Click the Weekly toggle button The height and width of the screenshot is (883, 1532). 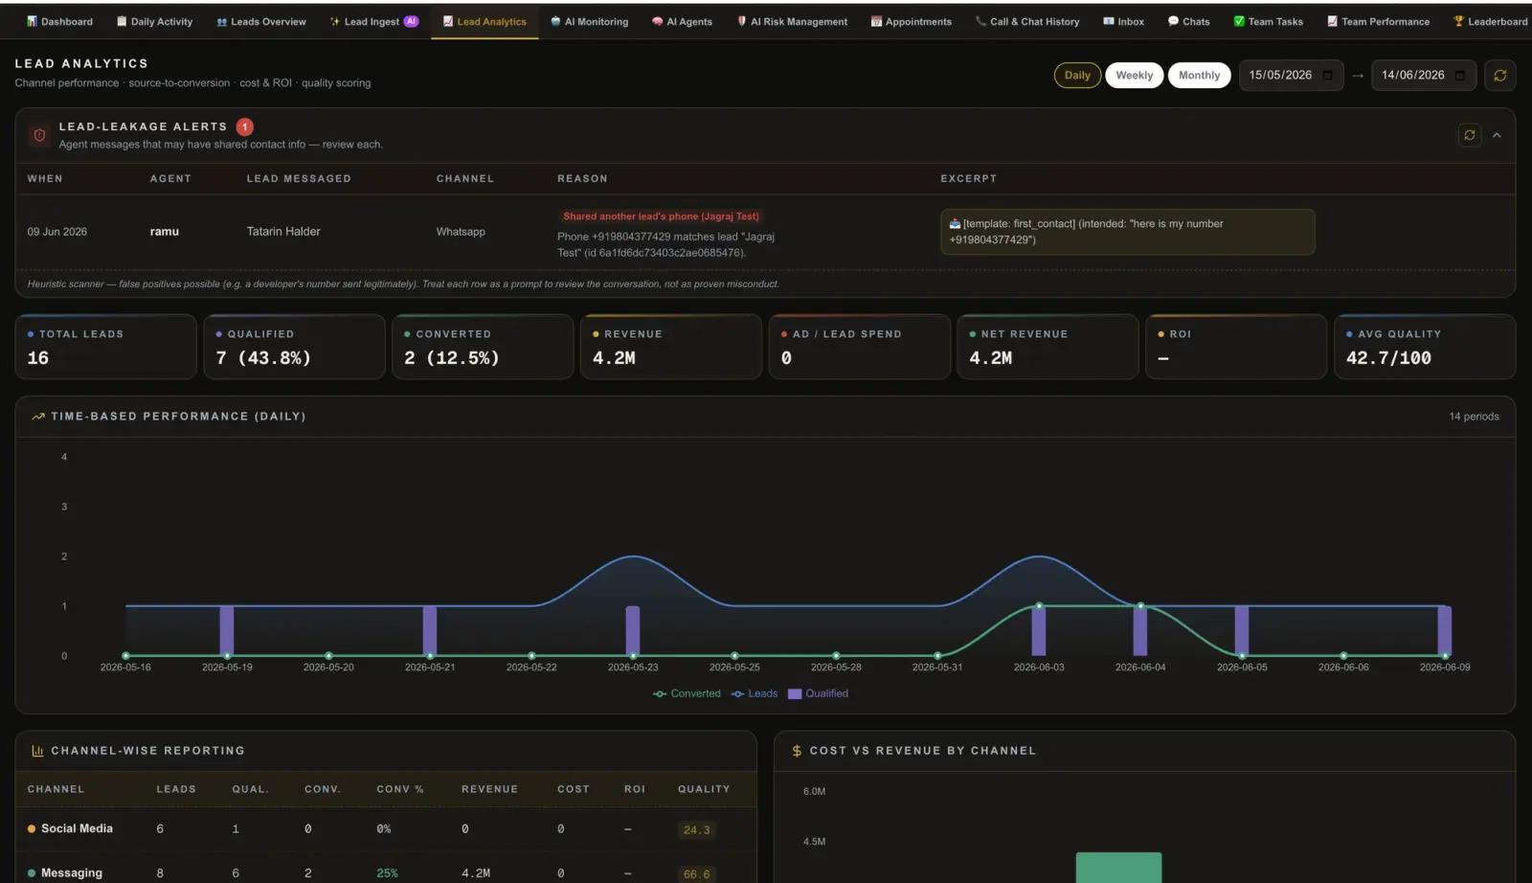click(1134, 76)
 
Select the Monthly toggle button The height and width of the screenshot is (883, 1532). click(1199, 76)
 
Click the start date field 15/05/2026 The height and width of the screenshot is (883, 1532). click(1291, 76)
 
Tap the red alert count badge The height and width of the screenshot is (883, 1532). click(244, 126)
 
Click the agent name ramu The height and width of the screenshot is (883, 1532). click(164, 231)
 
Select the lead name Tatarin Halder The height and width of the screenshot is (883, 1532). click(283, 231)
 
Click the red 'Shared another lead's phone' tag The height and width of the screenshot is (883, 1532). click(661, 216)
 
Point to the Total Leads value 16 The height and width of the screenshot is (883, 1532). click(38, 358)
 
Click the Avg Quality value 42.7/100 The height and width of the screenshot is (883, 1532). click(1388, 358)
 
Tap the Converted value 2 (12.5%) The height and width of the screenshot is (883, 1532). click(451, 358)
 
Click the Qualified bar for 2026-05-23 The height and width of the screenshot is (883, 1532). click(633, 630)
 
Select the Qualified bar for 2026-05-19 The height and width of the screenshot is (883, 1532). click(226, 630)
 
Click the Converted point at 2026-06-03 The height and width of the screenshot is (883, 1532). click(1039, 606)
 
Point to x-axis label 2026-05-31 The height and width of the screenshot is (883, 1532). click(937, 667)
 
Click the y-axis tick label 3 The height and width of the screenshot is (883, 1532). click(64, 507)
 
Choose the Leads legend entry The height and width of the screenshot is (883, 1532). click(755, 693)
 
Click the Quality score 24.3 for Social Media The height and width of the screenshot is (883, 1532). click(696, 829)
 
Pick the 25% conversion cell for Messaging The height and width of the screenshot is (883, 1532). click(387, 873)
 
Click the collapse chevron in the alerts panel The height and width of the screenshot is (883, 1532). click(1497, 135)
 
